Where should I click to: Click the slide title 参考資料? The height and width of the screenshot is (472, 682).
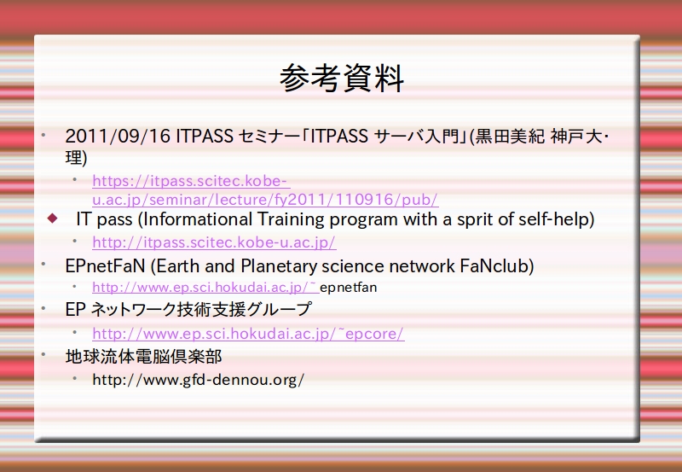[x=342, y=79]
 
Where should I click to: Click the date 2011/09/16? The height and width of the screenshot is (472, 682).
[x=118, y=137]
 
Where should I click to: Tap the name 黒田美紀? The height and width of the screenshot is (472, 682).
[x=510, y=137]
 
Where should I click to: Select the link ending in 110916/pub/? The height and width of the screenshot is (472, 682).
[x=265, y=190]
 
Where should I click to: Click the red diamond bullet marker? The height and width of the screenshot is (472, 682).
[x=52, y=218]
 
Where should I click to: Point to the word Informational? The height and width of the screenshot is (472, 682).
[x=198, y=219]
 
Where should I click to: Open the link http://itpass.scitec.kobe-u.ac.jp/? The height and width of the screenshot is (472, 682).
[x=214, y=242]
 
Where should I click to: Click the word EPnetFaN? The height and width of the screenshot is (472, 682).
[x=105, y=266]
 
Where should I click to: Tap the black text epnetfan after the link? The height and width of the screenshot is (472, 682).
[x=348, y=288]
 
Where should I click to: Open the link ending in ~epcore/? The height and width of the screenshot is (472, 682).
[x=248, y=334]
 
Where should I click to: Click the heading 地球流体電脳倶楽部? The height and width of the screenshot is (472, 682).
[x=143, y=357]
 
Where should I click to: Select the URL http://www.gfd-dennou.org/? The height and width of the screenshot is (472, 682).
[x=199, y=380]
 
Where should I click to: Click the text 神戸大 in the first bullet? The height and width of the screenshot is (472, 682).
[x=576, y=137]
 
